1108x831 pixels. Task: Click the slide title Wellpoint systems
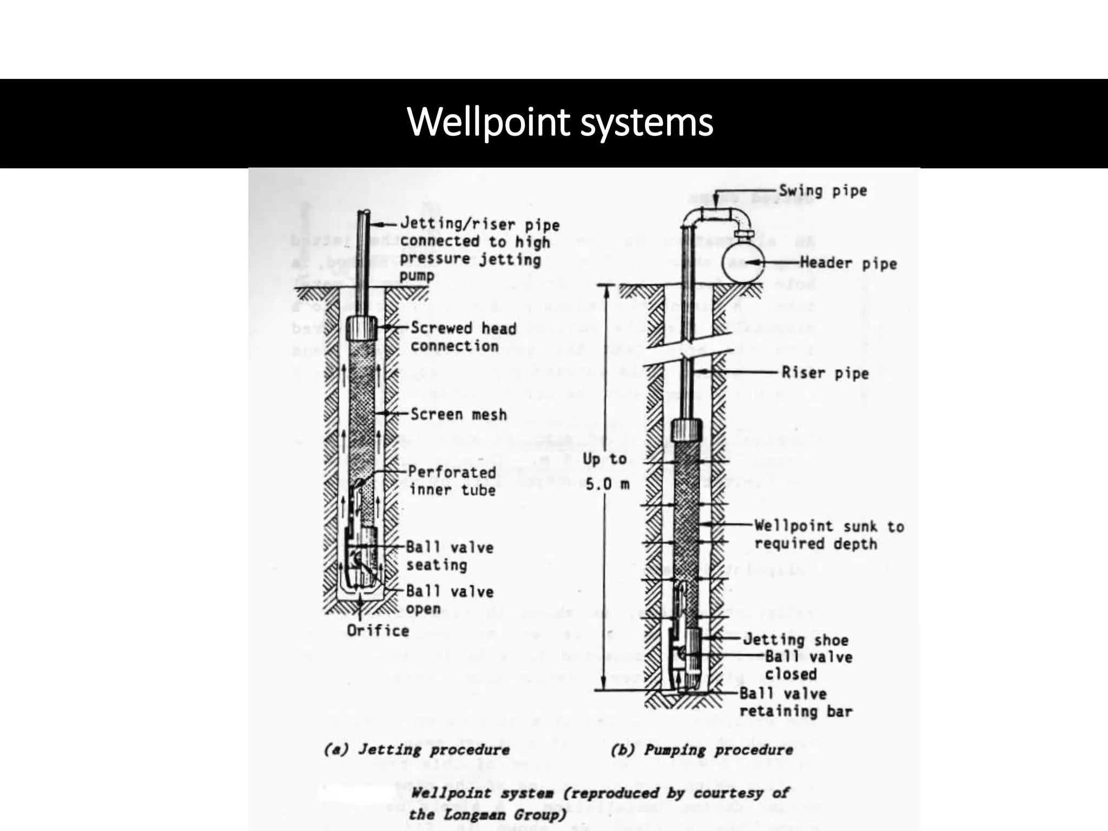[560, 122]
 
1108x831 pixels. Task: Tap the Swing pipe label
[822, 190]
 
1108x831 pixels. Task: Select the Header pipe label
[848, 263]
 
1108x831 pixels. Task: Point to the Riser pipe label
[825, 373]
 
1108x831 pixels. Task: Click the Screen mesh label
[458, 414]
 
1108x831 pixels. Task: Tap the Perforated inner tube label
[452, 480]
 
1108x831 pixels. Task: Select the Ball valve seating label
[450, 556]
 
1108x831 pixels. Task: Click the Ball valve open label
[450, 599]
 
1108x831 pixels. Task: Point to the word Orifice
[378, 631]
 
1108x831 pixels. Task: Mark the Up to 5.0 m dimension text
[606, 471]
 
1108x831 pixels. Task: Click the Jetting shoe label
[795, 639]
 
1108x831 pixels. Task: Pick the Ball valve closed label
[808, 665]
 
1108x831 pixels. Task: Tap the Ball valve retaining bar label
[795, 702]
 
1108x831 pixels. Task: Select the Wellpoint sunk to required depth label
[829, 535]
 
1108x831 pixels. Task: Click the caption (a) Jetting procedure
[417, 750]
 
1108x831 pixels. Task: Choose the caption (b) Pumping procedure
[702, 750]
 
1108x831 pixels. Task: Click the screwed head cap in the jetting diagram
[361, 328]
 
